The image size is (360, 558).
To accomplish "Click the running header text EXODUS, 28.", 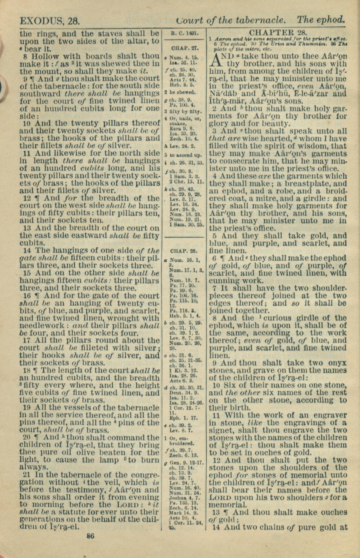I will coord(49,21).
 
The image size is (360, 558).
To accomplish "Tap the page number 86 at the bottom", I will coord(90,536).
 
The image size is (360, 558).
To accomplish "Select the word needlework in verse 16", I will coord(41,326).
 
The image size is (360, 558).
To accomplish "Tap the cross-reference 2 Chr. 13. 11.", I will coord(187,182).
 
